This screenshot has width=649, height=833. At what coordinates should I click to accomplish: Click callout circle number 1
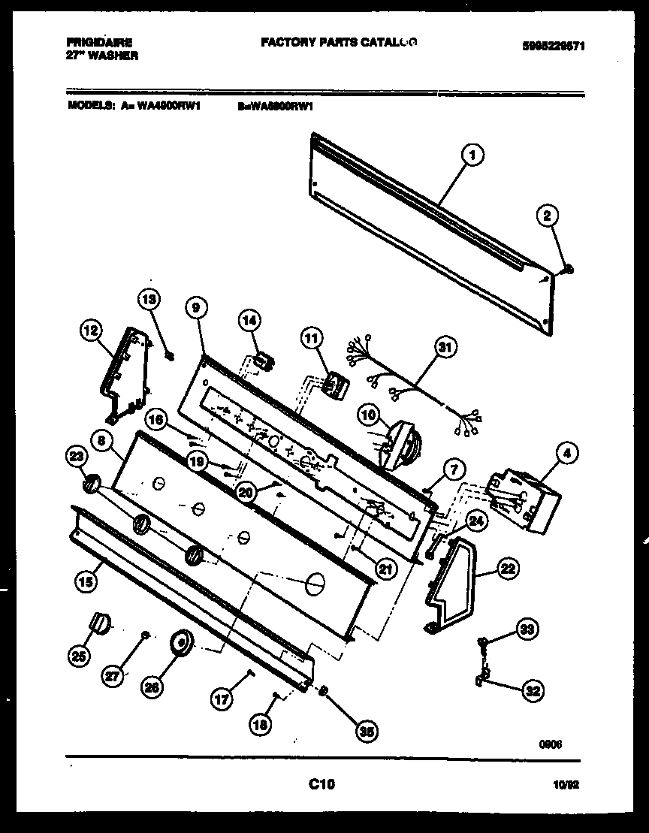tap(471, 155)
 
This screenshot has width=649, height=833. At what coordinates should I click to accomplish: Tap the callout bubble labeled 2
tap(548, 216)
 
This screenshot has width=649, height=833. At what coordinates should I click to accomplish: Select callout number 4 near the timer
tap(566, 453)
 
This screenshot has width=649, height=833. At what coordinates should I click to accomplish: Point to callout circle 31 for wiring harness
tap(445, 347)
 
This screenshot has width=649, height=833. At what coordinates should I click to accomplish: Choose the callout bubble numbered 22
tap(508, 569)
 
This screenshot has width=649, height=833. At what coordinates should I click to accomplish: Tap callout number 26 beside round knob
tap(152, 685)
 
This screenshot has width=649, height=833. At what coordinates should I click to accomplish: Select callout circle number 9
tap(195, 307)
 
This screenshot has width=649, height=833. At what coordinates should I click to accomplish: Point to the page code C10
tap(321, 785)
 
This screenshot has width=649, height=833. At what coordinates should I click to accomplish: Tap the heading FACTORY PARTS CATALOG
tap(339, 43)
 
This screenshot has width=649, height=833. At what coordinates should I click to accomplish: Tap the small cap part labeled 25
tap(99, 622)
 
